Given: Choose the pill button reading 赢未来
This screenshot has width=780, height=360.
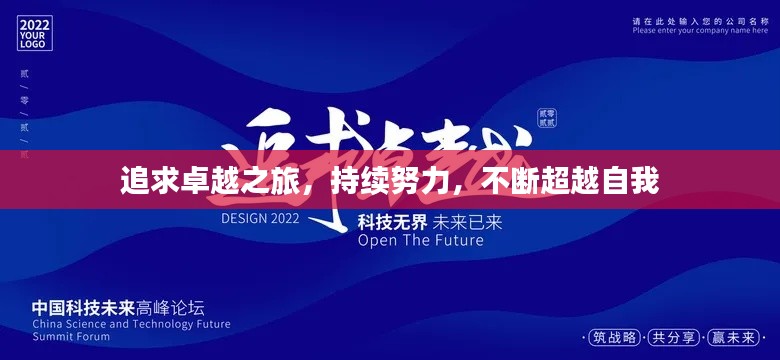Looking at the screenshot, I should coord(734,336).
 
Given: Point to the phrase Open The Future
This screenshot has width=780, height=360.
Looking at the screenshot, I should coord(420,240).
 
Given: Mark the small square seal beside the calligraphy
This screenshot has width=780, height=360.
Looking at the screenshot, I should coord(547,117).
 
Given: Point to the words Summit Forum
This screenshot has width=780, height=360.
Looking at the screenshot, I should coord(73,337).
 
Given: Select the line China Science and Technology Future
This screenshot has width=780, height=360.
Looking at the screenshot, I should coord(131,324).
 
